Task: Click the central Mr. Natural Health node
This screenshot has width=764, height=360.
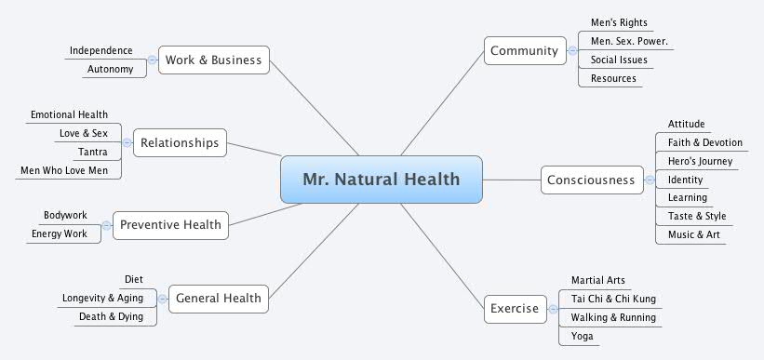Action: coord(382,179)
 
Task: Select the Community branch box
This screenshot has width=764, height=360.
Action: coord(524,50)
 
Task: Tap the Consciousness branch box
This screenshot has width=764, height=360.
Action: coord(592,180)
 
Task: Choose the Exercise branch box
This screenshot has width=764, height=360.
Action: coord(514,308)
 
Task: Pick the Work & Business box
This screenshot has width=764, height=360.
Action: coord(214,60)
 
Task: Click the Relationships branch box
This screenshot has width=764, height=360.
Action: coord(180,142)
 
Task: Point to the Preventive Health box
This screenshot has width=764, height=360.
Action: coord(170,224)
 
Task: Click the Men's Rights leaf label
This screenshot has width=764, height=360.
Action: coord(619,22)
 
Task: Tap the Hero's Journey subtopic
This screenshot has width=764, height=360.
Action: coord(700,161)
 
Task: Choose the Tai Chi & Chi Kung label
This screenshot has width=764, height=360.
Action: coord(613,299)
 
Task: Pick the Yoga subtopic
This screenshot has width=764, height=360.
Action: coord(583,336)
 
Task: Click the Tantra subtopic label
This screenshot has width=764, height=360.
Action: coord(91,152)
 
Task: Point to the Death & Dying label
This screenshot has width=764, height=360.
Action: coord(118,317)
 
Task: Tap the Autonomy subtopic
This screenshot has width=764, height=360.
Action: coord(110,70)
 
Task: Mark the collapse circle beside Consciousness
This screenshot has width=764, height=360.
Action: coord(649,180)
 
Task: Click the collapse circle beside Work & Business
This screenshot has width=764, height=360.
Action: coord(152,60)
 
